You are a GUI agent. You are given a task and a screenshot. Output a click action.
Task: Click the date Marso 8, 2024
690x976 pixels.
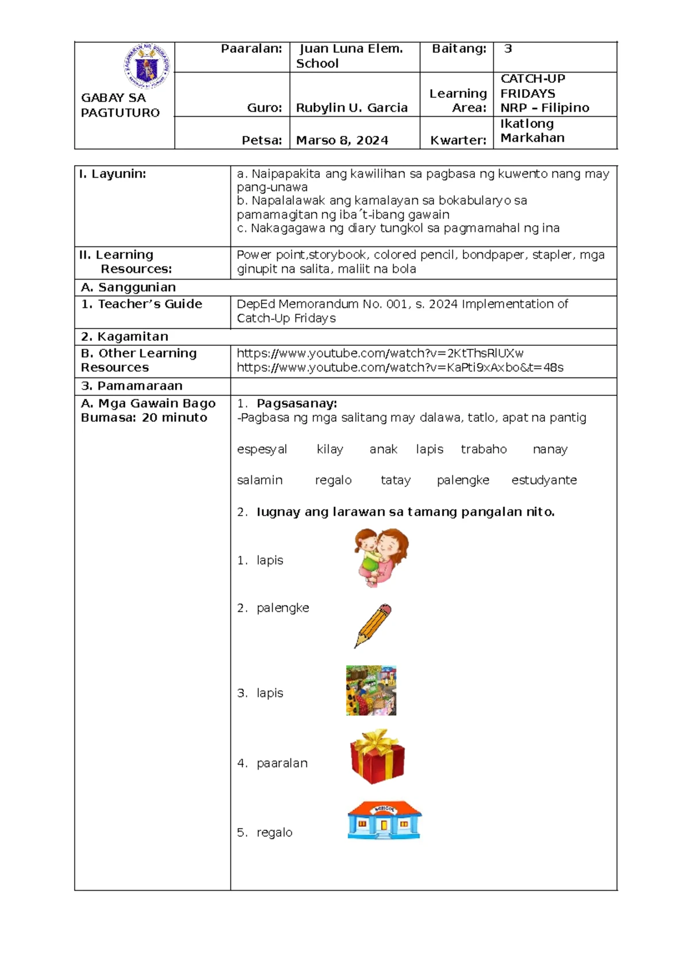coord(342,140)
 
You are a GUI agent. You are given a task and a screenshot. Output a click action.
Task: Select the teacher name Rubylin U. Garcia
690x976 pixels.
coord(351,108)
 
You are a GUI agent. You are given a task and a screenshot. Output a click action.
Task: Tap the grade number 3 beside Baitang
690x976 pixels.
coord(508,49)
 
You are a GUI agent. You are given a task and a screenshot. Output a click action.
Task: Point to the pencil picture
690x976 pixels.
coord(373,626)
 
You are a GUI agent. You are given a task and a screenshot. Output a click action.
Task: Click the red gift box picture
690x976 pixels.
coord(377,756)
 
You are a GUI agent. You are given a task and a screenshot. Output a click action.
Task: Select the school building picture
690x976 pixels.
coord(384,820)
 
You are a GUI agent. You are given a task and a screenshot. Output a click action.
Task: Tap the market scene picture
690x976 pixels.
coord(371,691)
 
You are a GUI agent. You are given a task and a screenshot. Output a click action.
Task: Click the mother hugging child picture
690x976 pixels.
coord(381,558)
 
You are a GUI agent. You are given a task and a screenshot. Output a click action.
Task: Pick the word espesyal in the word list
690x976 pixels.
coord(262,449)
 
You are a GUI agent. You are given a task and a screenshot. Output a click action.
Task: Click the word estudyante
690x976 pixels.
coord(544,481)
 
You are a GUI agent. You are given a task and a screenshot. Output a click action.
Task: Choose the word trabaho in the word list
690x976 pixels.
coord(484,449)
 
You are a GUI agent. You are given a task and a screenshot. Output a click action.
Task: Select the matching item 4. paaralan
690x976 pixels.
coord(273,763)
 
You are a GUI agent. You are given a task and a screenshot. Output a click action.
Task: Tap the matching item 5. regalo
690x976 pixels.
coord(265,833)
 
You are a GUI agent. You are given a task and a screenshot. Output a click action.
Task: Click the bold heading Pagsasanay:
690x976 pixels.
coord(297,403)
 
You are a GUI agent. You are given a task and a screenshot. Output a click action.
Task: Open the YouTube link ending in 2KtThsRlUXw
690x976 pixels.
coord(379,353)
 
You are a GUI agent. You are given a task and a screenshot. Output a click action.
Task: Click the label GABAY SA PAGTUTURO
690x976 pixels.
coord(120,105)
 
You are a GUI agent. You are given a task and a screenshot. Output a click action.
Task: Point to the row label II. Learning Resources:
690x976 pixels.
coord(125,262)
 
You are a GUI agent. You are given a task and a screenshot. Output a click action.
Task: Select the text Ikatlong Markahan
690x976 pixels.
coord(532,131)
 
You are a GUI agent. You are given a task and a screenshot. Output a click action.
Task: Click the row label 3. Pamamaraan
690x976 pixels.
coord(132,386)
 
